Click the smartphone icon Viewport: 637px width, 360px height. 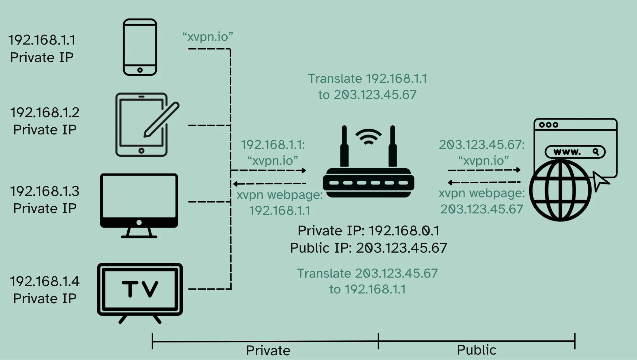(x=140, y=47)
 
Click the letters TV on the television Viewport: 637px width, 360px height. (x=140, y=289)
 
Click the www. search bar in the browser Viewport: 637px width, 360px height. (x=575, y=152)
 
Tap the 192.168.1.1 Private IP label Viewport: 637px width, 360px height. (x=42, y=49)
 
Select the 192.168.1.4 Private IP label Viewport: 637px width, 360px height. (x=45, y=290)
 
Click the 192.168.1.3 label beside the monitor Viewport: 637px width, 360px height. (x=45, y=191)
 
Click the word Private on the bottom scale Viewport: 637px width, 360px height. (x=268, y=351)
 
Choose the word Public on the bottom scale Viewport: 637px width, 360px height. (x=476, y=350)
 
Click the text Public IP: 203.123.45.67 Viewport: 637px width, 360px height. (x=368, y=248)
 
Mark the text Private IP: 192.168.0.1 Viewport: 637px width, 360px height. (x=368, y=231)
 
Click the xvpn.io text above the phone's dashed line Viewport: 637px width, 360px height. (x=208, y=36)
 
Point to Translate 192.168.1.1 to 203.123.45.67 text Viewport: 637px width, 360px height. (x=367, y=86)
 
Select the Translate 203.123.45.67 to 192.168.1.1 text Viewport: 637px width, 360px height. (x=367, y=281)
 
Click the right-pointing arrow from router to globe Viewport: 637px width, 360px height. (x=484, y=170)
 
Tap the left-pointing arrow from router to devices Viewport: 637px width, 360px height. (x=269, y=184)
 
